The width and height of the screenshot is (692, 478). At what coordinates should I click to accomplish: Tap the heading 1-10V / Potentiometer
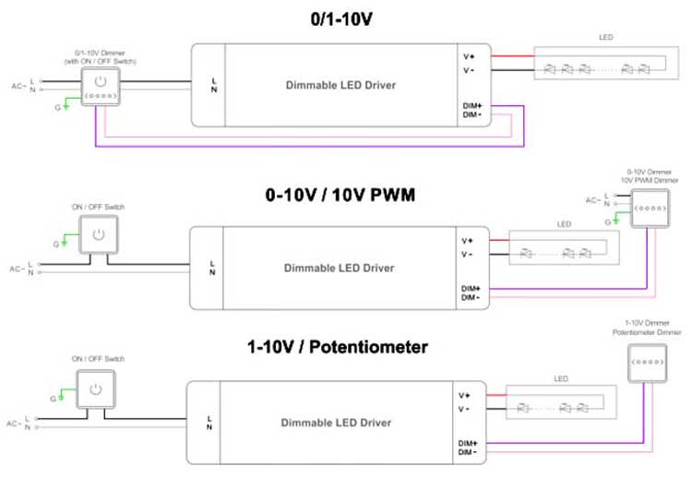pos(338,349)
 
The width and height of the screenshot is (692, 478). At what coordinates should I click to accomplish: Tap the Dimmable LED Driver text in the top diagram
pos(340,85)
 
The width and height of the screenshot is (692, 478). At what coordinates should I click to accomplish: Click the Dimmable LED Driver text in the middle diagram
pos(339,268)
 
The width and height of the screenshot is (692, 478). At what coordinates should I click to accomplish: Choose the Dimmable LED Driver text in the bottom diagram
pos(336,423)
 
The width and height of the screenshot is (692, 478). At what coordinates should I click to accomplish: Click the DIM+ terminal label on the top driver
pos(472,106)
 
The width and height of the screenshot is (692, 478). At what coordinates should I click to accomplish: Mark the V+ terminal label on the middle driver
pos(467,241)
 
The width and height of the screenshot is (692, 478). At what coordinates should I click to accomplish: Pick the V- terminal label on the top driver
pos(469,70)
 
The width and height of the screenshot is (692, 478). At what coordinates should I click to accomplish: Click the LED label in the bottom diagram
pos(559,377)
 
